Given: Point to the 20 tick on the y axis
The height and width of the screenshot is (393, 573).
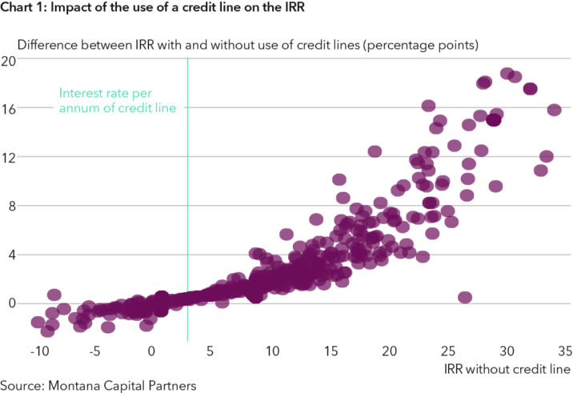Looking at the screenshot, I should pos(9,61).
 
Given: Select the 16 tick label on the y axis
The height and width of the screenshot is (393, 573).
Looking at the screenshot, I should pos(9,108).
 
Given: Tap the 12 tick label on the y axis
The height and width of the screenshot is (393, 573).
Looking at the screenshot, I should pos(9,157).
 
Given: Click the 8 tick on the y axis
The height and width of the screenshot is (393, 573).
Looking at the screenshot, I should pos(11,206).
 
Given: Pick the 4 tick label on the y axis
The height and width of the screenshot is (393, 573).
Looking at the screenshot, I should pos(11,255).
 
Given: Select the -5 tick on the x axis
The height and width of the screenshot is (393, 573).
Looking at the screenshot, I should pos(94,351).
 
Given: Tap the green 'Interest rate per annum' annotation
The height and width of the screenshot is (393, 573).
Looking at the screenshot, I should pos(120,100).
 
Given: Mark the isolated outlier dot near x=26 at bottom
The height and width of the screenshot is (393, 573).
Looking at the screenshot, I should pos(465,297).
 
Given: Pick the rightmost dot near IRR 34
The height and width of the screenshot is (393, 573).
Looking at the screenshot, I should pos(554,110).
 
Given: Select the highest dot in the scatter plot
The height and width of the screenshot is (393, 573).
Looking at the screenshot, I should pos(507,74).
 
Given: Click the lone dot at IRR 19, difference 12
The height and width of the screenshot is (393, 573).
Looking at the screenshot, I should pos(375,151).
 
